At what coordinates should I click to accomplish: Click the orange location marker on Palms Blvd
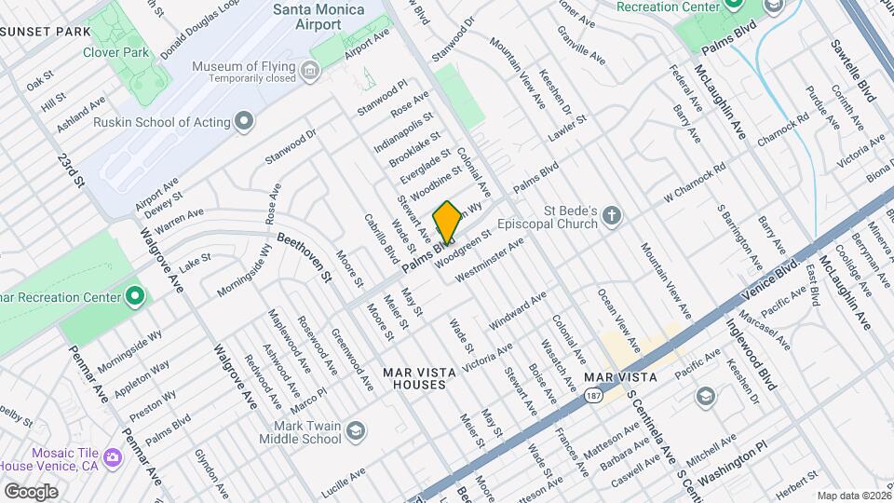(x=447, y=222)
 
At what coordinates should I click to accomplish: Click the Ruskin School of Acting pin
(x=244, y=121)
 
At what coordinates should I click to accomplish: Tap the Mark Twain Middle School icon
(x=355, y=430)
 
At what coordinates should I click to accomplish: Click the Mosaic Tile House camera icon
(x=113, y=457)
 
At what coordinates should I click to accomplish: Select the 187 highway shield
(x=593, y=396)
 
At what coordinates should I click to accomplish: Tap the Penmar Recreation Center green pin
(x=135, y=297)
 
